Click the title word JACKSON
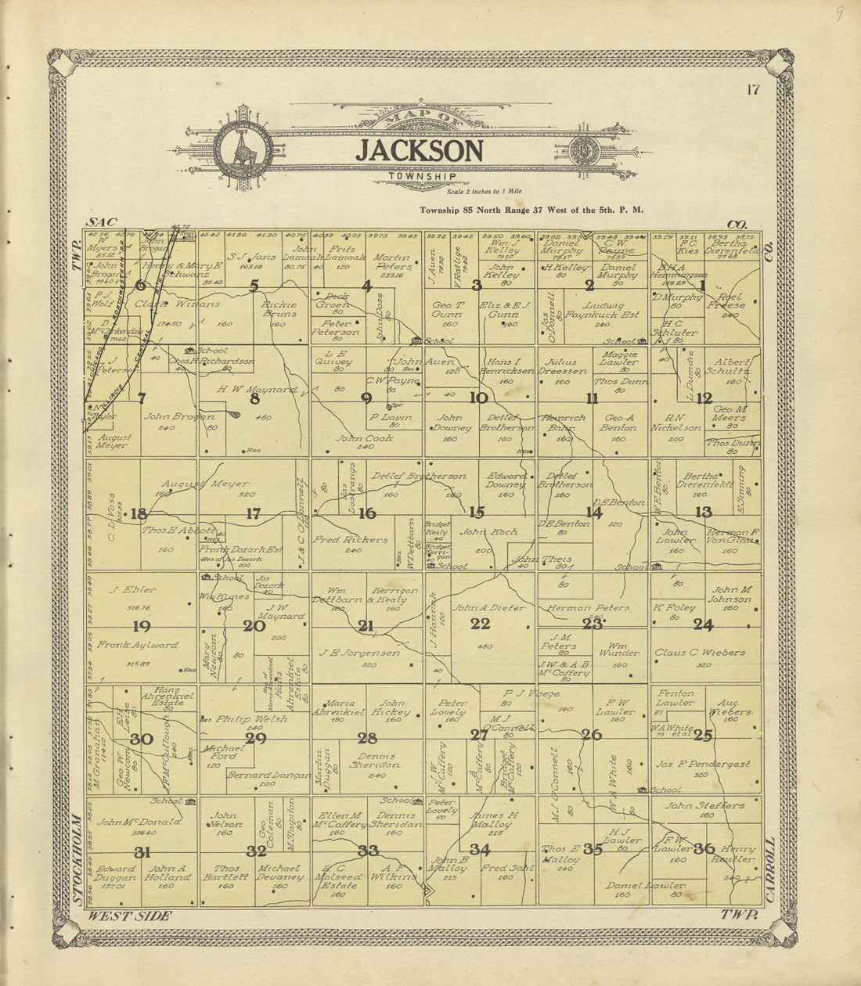tap(420, 151)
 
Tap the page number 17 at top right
tap(753, 89)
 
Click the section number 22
tap(480, 624)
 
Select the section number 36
tap(704, 848)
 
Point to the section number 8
tap(254, 399)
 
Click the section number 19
tap(142, 626)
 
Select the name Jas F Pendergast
tap(703, 764)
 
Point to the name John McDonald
tap(140, 822)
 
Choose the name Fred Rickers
tap(350, 540)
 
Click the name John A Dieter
tap(489, 607)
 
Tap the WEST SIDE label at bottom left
tap(129, 916)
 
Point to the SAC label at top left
tap(100, 224)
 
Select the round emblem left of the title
tap(243, 149)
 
